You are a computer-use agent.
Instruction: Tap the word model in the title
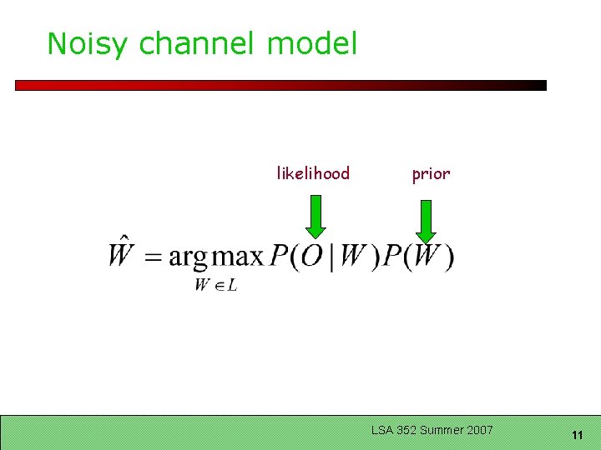click(312, 43)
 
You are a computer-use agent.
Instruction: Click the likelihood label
click(313, 173)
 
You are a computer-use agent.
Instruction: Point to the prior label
click(431, 173)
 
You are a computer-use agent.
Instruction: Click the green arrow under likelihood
click(315, 217)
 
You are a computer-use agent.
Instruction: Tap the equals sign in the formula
click(153, 257)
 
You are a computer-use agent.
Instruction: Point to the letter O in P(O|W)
click(311, 256)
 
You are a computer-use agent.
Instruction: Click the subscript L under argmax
click(232, 286)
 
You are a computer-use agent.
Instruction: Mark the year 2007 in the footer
click(481, 430)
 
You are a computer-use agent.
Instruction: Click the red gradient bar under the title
click(280, 85)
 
